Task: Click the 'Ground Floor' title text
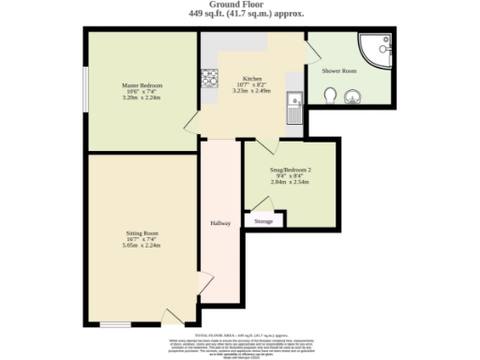coord(240,5)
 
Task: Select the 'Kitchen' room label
coord(252,79)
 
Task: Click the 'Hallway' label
coord(220,223)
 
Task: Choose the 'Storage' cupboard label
coord(264,221)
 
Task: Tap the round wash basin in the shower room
coord(352,95)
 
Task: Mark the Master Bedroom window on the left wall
coord(85,90)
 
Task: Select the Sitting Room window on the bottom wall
coord(115,325)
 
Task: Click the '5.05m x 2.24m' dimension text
coord(143,246)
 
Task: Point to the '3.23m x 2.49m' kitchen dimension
coord(252,92)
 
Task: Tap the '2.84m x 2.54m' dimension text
coord(290,181)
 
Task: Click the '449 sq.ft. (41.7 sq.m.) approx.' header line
coord(240,15)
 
